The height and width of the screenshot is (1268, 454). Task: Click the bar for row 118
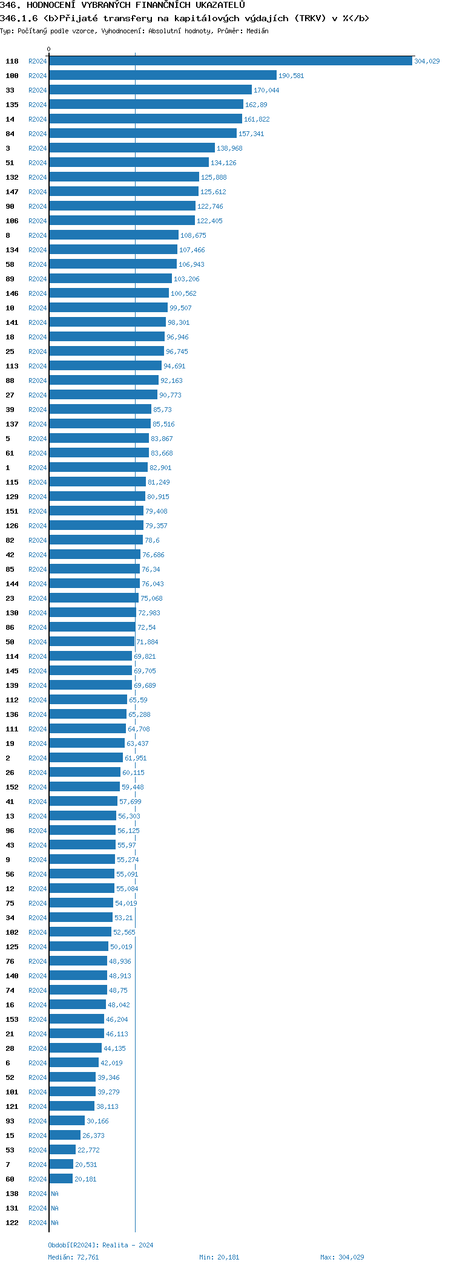[230, 61]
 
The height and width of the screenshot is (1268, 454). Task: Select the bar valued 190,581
[162, 76]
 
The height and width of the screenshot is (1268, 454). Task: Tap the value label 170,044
[266, 90]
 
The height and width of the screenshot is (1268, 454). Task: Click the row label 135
[12, 105]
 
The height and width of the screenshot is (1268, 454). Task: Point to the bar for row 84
[142, 134]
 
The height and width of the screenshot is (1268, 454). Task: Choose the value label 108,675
[193, 235]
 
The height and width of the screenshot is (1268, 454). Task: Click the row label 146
[12, 293]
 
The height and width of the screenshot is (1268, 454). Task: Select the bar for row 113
[105, 366]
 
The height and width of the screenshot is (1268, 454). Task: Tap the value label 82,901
[160, 468]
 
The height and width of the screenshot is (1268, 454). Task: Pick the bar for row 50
[91, 642]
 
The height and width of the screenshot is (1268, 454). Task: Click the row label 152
[12, 787]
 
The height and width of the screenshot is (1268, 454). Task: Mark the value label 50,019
[121, 947]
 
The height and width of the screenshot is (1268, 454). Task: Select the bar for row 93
[67, 1121]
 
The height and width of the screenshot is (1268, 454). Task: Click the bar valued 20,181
[61, 1179]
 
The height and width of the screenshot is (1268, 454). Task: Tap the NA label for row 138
[54, 1194]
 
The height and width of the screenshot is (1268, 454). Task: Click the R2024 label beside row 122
[38, 1223]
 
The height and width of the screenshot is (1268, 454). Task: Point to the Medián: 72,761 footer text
[73, 1257]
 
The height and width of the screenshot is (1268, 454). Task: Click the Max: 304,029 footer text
[342, 1257]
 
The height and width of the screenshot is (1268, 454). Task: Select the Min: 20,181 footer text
[219, 1257]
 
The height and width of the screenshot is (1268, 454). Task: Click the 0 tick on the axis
[49, 49]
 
